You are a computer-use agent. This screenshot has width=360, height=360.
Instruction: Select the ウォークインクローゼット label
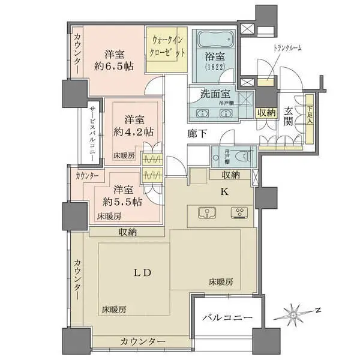point(170,50)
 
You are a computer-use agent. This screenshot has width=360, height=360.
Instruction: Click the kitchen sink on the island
point(206,212)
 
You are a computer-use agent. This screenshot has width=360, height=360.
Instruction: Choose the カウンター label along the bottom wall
point(142,341)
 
